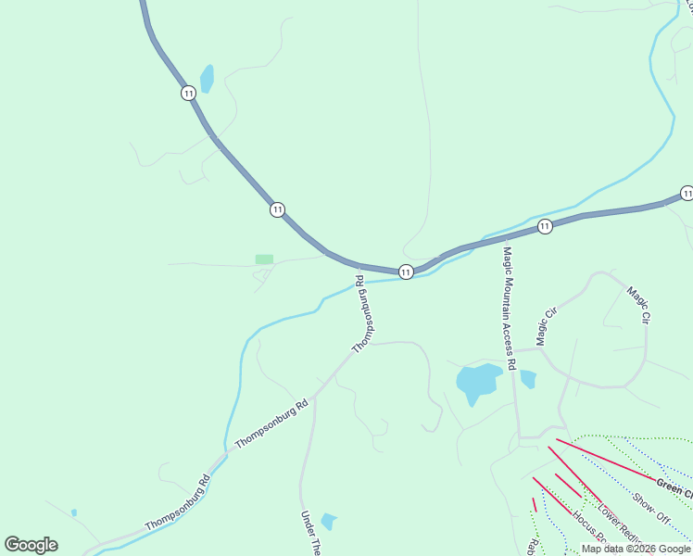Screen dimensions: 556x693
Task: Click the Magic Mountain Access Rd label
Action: coord(509,302)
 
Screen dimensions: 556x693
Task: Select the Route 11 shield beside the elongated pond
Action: coord(189,93)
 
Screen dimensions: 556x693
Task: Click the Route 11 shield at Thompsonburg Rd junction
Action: coord(406,272)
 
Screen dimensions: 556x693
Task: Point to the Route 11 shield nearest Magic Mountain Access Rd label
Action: coord(545,226)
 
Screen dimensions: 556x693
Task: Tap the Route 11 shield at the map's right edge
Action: coord(686,193)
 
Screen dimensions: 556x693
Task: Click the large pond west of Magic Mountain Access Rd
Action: coord(477,382)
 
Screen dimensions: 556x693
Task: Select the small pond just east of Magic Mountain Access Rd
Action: coord(528,378)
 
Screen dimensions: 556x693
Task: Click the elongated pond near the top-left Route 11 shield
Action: coord(207,79)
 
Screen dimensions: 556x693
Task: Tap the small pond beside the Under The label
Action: coord(329,521)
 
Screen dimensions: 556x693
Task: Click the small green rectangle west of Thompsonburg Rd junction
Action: coord(264,259)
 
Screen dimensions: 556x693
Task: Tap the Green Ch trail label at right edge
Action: coord(674,487)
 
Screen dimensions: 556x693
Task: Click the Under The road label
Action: coord(309,532)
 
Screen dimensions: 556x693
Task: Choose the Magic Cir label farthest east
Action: coord(638,304)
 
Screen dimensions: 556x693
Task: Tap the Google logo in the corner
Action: coord(31,545)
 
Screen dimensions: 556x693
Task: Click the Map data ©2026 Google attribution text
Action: coord(636,549)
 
